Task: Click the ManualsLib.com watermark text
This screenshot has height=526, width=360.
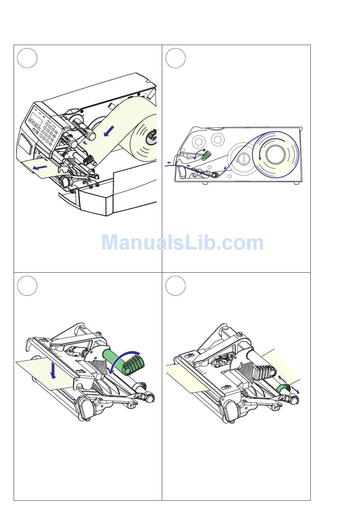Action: (x=182, y=243)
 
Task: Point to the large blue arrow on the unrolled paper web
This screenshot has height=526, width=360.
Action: (x=109, y=131)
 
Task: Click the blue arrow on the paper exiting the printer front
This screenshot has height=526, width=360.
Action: (x=40, y=167)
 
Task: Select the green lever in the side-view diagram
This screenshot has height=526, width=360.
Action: (x=207, y=155)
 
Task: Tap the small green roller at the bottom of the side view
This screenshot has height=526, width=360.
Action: (x=216, y=175)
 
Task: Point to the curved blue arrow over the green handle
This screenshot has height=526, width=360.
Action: (x=122, y=361)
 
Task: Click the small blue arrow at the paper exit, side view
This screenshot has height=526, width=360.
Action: (x=169, y=162)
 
